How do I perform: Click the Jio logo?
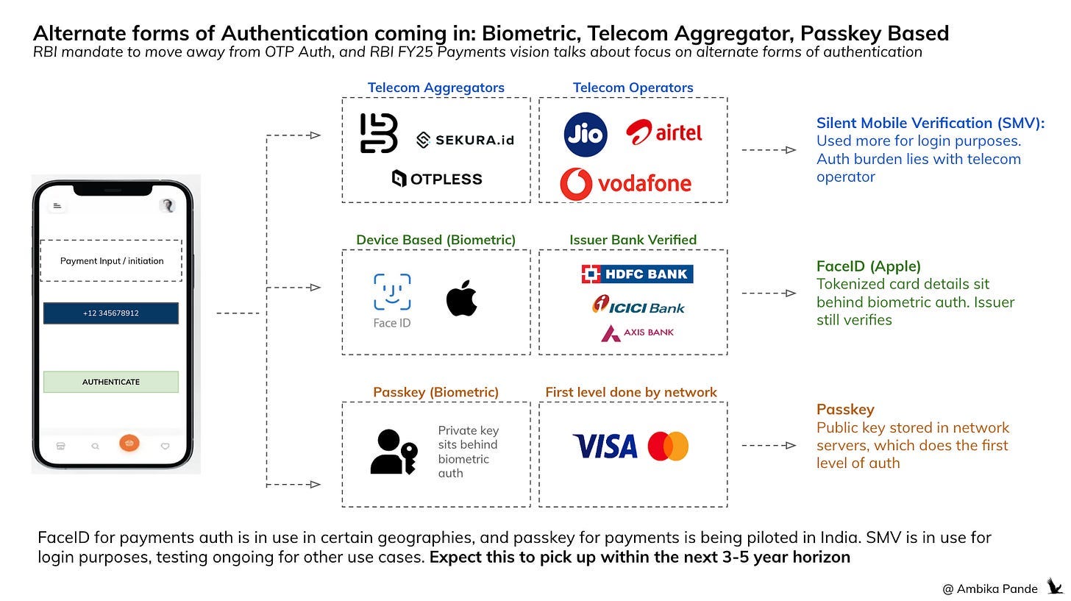click(x=586, y=135)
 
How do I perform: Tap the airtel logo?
click(x=663, y=132)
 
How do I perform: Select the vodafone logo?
click(x=625, y=183)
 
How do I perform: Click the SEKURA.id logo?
click(x=464, y=140)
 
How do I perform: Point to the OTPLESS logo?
click(x=437, y=178)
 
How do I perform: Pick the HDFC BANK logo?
click(x=637, y=274)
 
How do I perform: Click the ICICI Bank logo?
click(x=638, y=305)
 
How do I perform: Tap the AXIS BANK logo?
click(x=637, y=332)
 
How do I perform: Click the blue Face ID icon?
click(x=392, y=292)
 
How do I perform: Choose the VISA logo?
click(x=605, y=446)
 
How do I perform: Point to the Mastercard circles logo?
click(x=668, y=446)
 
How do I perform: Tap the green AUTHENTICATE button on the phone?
click(x=111, y=382)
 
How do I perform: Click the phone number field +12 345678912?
click(x=111, y=313)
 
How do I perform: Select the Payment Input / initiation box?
click(x=111, y=260)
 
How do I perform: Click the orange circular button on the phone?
click(x=129, y=444)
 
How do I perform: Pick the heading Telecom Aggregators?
click(x=435, y=88)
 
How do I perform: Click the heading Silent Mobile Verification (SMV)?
click(x=930, y=123)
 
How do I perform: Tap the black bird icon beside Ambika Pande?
click(x=1055, y=586)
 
